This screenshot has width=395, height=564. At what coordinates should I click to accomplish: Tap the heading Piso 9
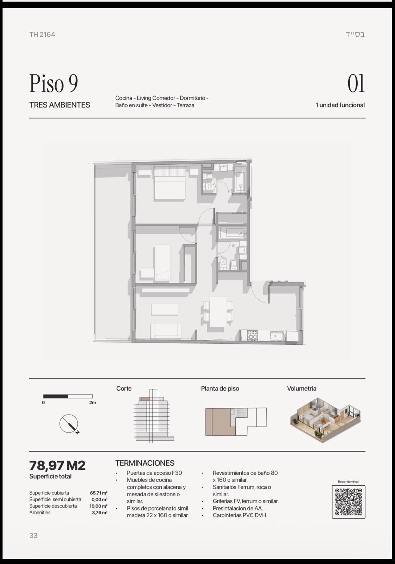coord(54,83)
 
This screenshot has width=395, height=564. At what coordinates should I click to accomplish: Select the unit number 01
coord(356,84)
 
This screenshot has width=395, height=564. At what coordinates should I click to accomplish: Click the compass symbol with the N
coord(69,424)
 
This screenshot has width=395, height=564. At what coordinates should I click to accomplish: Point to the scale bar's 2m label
coord(92,403)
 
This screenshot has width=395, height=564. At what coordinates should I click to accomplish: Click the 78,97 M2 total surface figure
coord(57,465)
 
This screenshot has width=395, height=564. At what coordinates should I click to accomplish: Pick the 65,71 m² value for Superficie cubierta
coord(99,493)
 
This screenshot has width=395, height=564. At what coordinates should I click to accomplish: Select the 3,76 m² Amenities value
coord(100,513)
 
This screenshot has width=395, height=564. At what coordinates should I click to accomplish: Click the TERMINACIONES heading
coord(145,463)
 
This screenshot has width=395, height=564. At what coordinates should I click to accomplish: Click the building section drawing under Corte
coord(154,416)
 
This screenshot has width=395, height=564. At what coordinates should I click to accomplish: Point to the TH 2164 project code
coord(42,35)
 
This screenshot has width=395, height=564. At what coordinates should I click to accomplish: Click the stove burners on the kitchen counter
coord(253,335)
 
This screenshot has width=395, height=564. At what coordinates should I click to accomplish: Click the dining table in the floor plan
coord(218,311)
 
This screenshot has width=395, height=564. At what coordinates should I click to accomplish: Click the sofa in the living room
coord(166,331)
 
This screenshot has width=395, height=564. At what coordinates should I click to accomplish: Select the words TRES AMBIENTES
coord(60,105)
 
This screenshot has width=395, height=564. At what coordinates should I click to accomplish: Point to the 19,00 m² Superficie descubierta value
coord(98,506)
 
